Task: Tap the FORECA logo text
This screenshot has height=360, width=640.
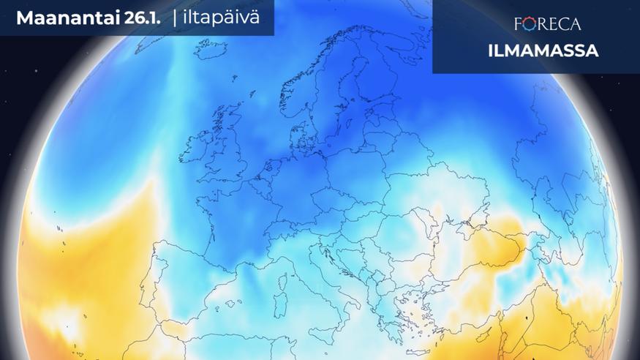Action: [x=547, y=24]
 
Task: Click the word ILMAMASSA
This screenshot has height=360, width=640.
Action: [x=543, y=51]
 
